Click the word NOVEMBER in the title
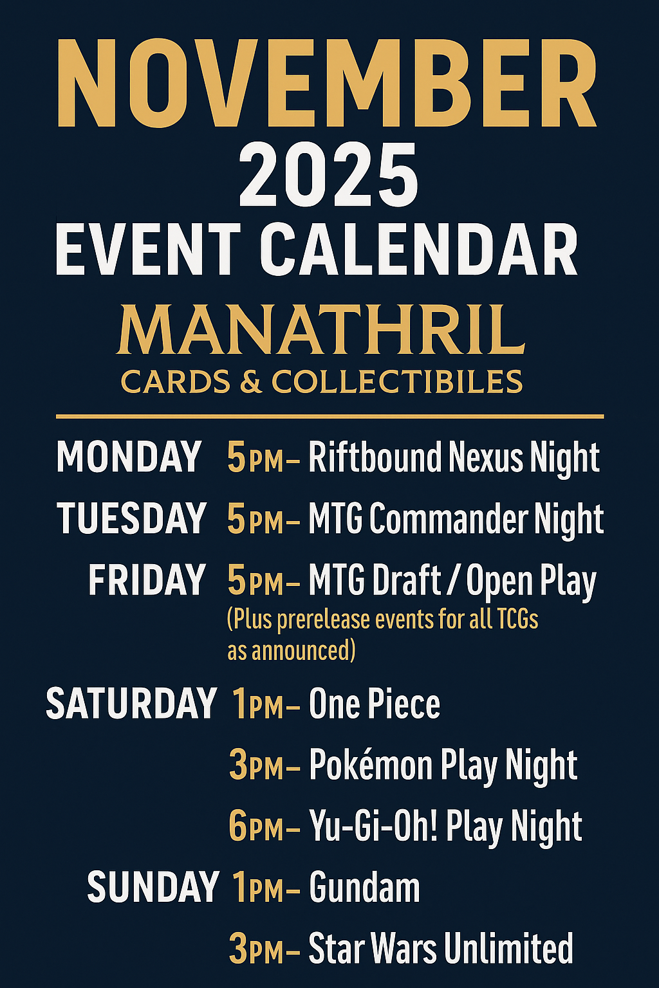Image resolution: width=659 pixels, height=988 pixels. point(328,83)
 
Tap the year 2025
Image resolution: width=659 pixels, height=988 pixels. point(328,175)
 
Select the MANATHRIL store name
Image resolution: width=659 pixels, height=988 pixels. point(321,329)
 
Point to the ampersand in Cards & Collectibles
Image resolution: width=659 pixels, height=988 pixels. point(251,381)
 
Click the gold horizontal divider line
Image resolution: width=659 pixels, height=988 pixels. point(329,416)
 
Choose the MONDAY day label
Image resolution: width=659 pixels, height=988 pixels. point(129,457)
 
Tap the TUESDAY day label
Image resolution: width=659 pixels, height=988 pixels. point(131,518)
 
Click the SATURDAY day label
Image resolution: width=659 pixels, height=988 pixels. point(131,704)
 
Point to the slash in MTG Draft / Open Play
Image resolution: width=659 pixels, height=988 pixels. point(453,581)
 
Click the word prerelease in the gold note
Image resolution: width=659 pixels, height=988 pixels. point(324,620)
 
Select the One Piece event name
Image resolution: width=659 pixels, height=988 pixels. point(375,704)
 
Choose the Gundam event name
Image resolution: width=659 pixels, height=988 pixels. point(365,888)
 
